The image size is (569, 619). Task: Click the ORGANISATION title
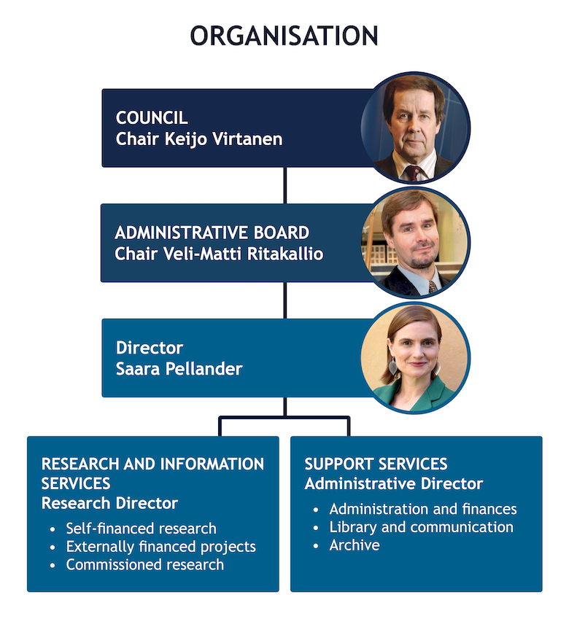[284, 36]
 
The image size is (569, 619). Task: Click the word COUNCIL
[152, 117]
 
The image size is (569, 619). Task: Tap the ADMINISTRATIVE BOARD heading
[212, 233]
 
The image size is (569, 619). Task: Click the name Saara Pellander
[179, 368]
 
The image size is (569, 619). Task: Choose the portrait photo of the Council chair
[415, 127]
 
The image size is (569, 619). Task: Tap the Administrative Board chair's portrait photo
[415, 242]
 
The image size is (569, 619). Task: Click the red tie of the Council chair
[414, 172]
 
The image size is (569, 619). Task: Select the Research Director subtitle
[109, 503]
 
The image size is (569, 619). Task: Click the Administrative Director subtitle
[393, 483]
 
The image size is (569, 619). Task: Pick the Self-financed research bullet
[141, 529]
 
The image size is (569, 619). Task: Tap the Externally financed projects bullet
[160, 546]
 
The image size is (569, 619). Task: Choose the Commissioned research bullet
[144, 564]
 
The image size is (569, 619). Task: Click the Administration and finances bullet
[423, 509]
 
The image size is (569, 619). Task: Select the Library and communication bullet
[421, 526]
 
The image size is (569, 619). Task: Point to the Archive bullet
[355, 545]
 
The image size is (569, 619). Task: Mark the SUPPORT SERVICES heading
[376, 464]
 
